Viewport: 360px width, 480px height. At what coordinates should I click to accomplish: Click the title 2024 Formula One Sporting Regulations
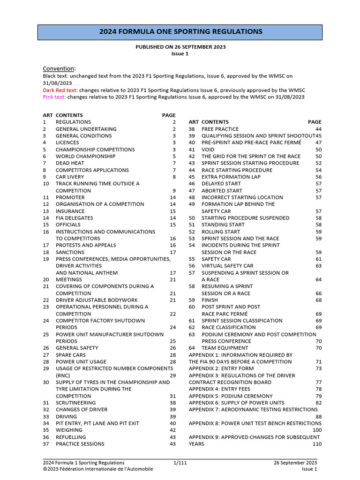(x=180, y=32)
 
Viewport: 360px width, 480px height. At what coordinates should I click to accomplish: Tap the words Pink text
(x=53, y=97)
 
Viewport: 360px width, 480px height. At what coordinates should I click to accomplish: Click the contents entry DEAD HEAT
(x=70, y=163)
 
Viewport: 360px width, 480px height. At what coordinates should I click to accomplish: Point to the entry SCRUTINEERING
(x=75, y=403)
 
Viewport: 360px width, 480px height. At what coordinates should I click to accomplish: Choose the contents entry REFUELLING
(x=71, y=437)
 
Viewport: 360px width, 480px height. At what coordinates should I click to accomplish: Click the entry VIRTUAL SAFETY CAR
(x=227, y=266)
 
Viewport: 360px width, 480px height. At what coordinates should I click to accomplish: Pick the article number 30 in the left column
(x=46, y=382)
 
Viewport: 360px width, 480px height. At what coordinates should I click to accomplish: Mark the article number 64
(x=192, y=348)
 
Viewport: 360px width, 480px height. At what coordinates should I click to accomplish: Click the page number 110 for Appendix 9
(x=317, y=444)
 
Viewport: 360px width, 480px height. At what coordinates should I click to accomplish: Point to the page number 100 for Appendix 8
(x=317, y=430)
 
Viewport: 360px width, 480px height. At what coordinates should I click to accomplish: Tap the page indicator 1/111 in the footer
(x=180, y=463)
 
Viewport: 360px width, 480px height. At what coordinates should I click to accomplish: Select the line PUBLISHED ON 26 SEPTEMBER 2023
(x=180, y=47)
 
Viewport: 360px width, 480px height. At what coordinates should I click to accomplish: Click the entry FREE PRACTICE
(x=220, y=129)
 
